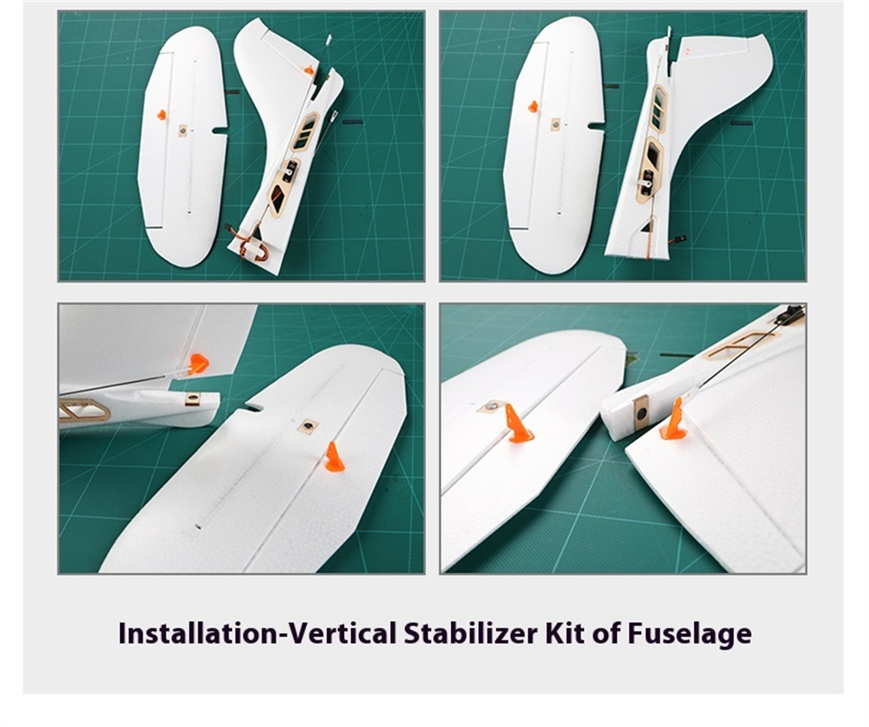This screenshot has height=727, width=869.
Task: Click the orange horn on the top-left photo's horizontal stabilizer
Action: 162,115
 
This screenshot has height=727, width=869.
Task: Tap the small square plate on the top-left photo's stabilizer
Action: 182,130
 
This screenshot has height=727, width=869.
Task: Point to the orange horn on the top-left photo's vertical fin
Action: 309,70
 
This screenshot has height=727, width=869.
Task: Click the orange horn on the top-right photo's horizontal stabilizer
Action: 534,106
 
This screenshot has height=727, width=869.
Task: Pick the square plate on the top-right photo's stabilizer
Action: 556,124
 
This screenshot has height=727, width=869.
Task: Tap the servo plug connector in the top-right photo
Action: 680,239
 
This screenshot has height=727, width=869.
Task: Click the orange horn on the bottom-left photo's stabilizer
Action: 335,457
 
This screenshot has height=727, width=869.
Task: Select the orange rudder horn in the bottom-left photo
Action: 197,363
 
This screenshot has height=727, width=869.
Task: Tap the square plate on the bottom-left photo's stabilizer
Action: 308,426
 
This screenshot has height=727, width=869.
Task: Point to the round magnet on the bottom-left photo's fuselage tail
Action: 193,398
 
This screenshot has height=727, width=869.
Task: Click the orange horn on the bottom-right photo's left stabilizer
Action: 518,424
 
